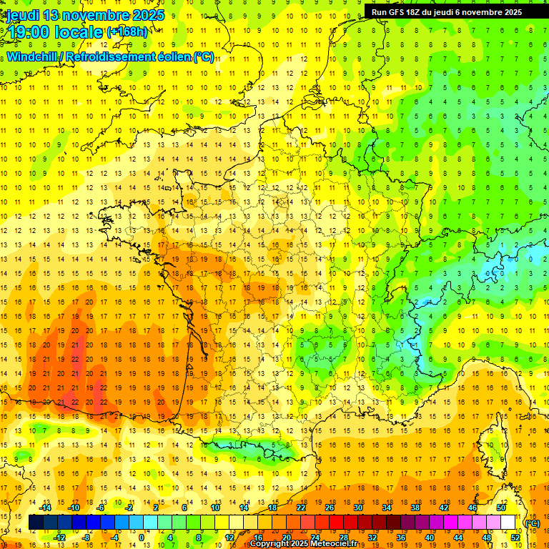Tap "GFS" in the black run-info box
click(x=400, y=12)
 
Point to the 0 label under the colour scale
click(x=142, y=537)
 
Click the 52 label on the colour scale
click(x=515, y=537)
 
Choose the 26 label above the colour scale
click(x=330, y=508)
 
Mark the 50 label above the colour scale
click(x=500, y=508)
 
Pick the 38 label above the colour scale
click(x=415, y=508)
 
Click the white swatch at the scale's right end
click(x=508, y=523)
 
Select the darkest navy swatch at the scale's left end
click(x=36, y=523)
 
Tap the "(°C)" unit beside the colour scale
click(x=532, y=523)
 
